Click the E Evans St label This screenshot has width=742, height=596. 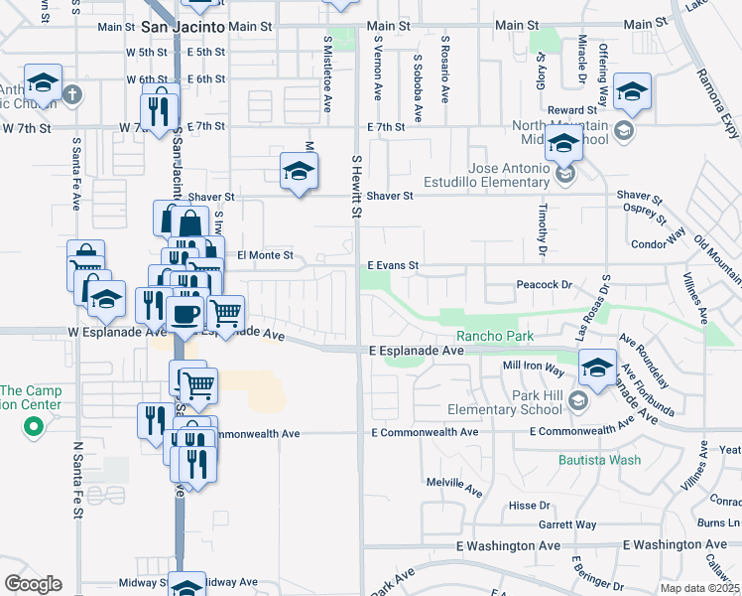coord(394,266)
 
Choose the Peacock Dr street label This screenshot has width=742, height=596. coord(546,285)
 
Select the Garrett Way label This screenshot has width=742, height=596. coord(567,524)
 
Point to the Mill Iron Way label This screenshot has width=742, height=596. coord(534,367)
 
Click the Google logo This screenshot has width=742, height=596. coord(33,584)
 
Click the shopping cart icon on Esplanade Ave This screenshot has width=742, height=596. coord(226,314)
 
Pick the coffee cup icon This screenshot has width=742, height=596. coord(185,314)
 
